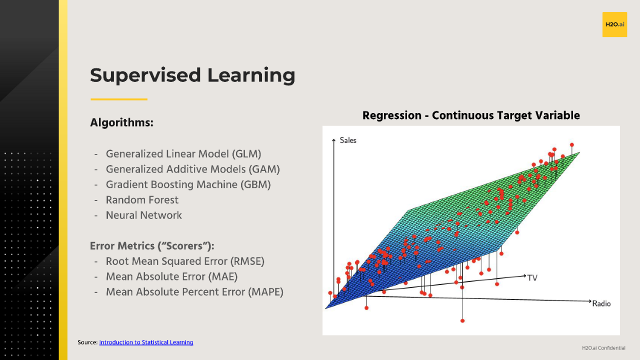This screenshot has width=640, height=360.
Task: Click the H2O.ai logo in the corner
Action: [614, 24]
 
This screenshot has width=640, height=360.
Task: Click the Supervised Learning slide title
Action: [192, 75]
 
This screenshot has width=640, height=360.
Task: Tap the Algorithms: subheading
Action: [121, 122]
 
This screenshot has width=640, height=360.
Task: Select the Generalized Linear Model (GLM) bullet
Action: [183, 154]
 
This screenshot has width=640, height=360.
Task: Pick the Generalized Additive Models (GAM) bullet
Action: [192, 169]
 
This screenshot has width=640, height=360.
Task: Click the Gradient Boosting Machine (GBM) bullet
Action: [188, 184]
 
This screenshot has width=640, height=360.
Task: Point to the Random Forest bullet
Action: [142, 200]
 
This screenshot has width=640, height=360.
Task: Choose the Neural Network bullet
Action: [144, 215]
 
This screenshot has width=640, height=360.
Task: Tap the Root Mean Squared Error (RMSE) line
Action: [185, 261]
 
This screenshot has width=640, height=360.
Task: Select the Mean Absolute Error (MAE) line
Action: [171, 276]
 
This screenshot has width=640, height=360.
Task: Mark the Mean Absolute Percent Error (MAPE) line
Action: [194, 292]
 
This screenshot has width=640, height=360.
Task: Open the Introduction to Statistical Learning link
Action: [146, 342]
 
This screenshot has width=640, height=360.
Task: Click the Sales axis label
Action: [348, 140]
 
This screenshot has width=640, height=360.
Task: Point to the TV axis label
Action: [532, 277]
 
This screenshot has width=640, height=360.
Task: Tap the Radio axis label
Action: [601, 303]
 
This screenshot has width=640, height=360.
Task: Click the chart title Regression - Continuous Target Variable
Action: [471, 115]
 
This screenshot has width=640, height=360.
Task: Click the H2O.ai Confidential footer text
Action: [603, 348]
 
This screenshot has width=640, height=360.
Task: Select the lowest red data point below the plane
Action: [462, 320]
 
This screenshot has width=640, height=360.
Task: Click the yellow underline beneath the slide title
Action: [118, 99]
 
